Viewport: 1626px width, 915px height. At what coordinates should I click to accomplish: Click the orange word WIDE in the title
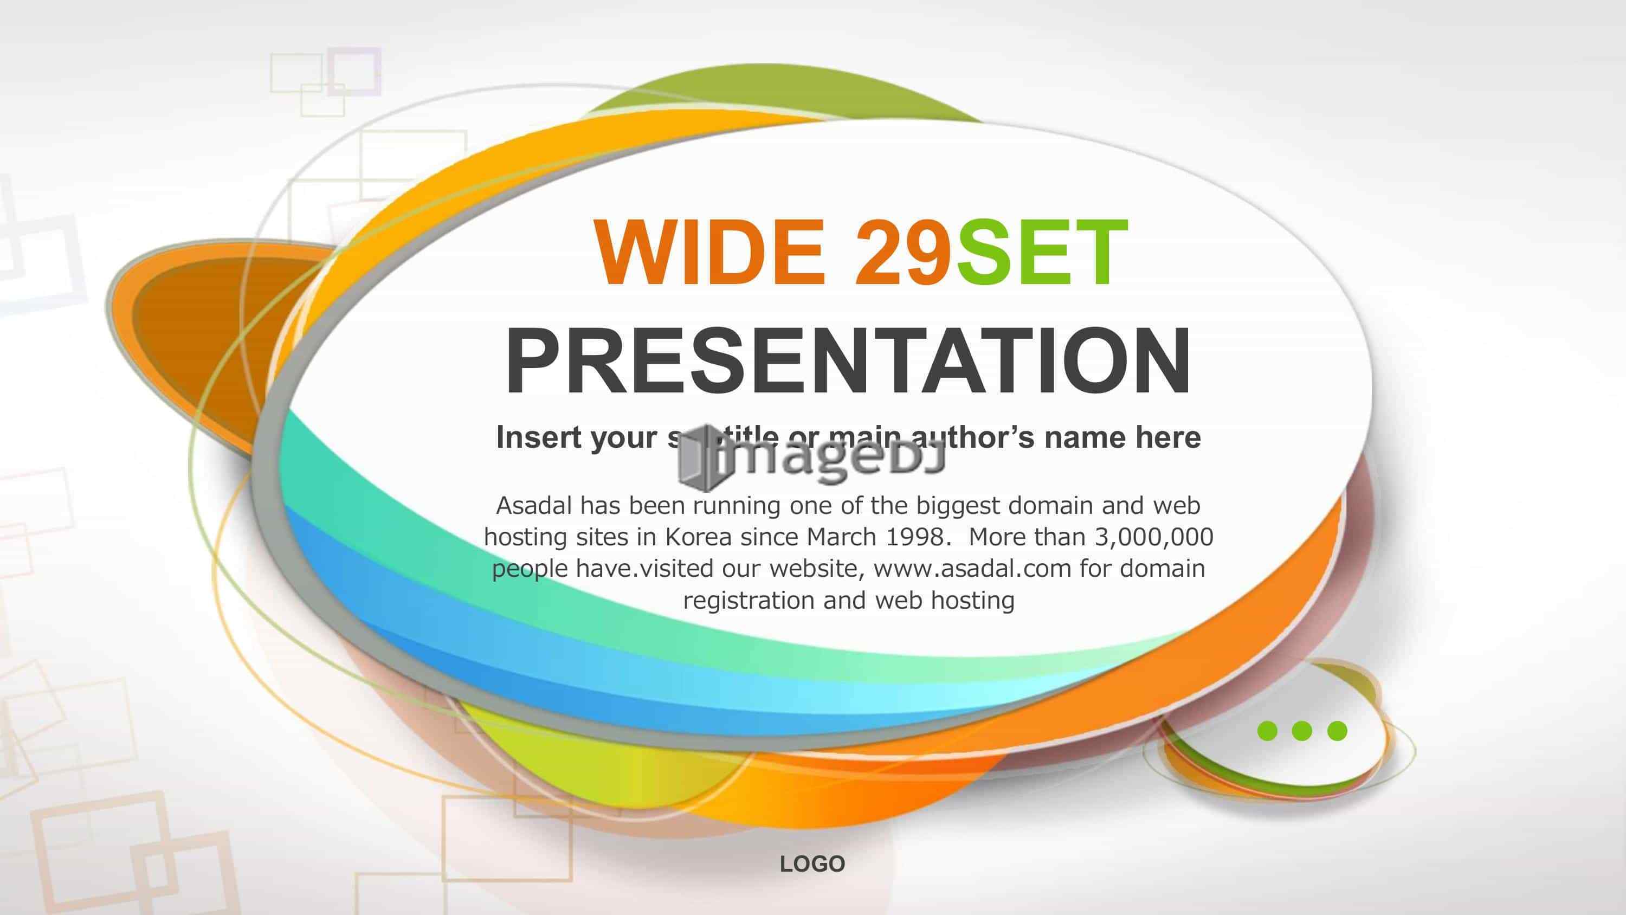709,253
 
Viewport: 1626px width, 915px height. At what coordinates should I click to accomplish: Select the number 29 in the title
902,253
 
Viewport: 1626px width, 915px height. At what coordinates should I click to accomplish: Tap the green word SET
1042,253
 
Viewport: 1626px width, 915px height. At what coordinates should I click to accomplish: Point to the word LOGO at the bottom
812,864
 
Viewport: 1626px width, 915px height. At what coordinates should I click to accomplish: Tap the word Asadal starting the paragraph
534,505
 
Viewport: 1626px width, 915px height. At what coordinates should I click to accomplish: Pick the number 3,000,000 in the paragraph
1154,537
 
